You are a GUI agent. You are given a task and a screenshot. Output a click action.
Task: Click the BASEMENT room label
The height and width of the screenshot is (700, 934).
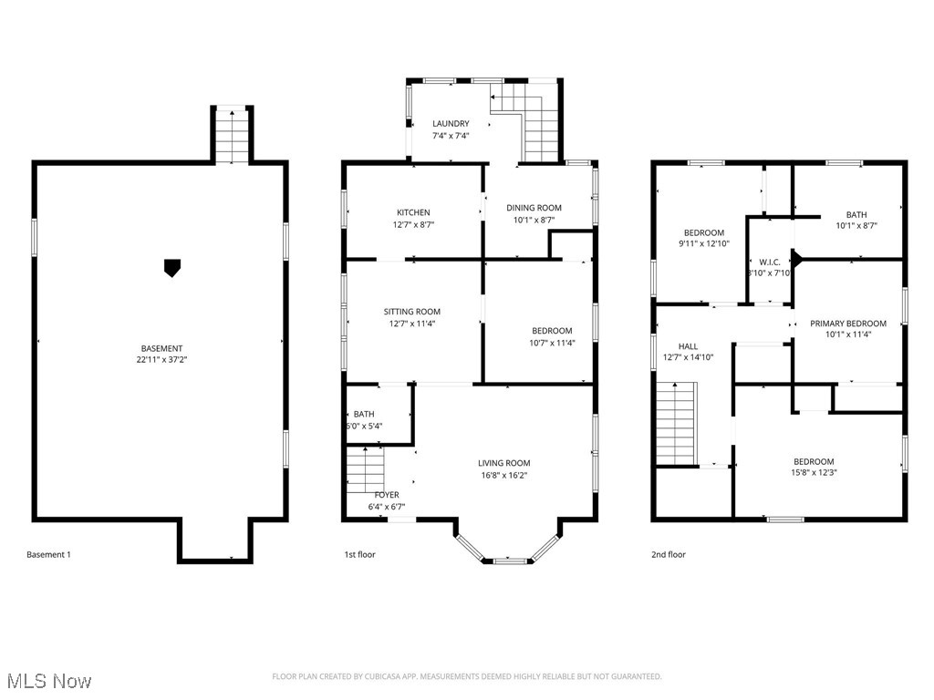coord(161,348)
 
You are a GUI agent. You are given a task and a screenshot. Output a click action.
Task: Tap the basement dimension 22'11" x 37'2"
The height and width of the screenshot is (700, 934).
coord(161,360)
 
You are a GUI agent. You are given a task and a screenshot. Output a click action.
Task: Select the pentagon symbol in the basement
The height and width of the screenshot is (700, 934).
coord(170,267)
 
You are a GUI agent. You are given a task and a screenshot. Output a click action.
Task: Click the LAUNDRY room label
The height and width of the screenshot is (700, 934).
coord(451,124)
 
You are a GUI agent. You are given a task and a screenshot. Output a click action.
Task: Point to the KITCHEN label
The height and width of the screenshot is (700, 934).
coord(413,212)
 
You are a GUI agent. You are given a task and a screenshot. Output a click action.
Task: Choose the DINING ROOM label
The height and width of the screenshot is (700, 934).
coord(534,208)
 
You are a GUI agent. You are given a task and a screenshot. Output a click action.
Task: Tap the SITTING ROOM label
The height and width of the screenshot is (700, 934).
coord(412,312)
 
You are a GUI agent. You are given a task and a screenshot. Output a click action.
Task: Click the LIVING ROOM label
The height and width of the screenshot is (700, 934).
coord(504,463)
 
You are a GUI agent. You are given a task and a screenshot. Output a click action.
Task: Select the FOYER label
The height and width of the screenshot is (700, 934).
coord(387,495)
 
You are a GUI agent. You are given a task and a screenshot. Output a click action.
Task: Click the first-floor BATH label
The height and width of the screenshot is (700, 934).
coord(364,414)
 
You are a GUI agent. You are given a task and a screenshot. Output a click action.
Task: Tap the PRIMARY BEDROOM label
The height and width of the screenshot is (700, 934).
coord(848,324)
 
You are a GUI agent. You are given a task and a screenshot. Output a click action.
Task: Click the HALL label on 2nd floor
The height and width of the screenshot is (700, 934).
coord(688,346)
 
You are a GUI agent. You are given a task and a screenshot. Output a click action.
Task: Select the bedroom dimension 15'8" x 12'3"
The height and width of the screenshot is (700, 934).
coord(813,473)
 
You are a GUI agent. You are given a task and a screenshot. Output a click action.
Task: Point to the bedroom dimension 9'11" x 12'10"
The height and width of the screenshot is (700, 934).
coord(704,243)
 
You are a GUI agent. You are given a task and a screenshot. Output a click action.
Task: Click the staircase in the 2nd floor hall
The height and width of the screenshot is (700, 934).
coord(676,423)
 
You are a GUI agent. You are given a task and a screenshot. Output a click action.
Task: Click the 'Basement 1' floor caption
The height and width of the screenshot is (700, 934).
coord(48,554)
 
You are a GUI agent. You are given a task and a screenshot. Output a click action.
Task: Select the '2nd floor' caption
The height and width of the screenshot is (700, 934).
coord(669,554)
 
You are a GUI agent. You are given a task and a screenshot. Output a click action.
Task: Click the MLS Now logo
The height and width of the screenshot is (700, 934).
coord(48,681)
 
